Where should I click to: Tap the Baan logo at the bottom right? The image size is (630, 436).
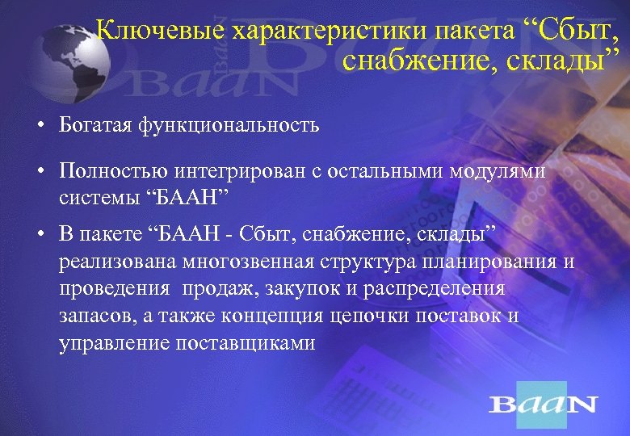click(x=543, y=403)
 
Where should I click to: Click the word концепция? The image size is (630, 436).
click(x=255, y=317)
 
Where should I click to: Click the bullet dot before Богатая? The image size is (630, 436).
click(x=38, y=127)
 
